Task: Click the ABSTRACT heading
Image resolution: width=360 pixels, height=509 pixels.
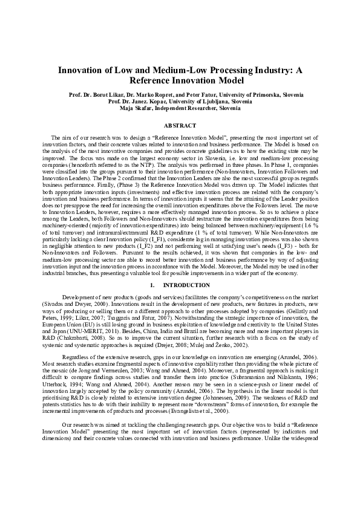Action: coord(180,126)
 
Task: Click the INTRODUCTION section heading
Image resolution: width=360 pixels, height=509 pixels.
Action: coord(185,284)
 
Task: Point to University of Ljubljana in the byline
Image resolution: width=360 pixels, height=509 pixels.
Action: coord(200,102)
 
